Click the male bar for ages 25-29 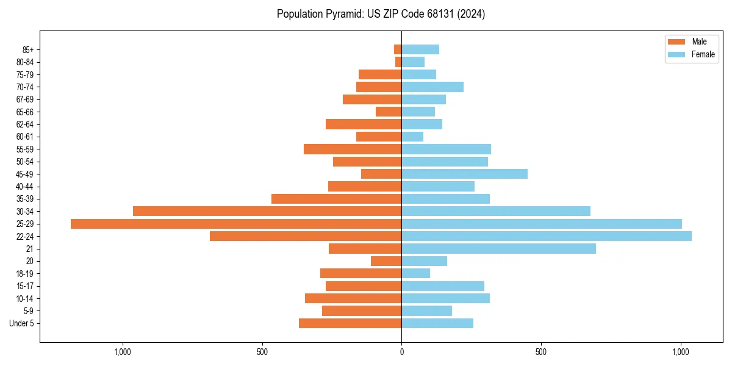236,224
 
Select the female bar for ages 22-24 547,236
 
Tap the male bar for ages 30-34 267,211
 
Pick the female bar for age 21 498,249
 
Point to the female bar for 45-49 464,174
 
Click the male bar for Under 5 350,323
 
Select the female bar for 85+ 420,49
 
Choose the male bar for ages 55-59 353,149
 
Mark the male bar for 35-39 336,199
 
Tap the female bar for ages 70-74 432,87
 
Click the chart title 381,14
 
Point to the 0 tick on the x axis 401,352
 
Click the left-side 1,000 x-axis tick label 123,352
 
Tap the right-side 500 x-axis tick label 540,352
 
